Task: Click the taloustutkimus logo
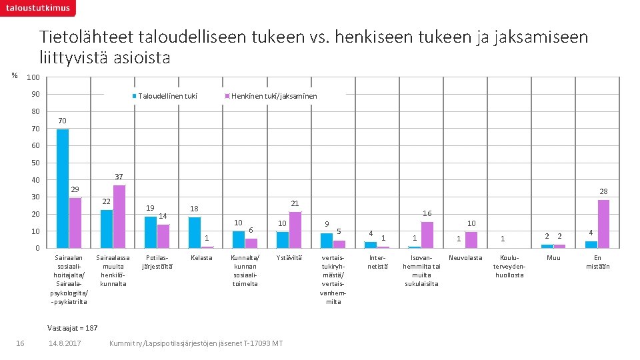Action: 37,8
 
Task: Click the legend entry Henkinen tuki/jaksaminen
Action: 273,96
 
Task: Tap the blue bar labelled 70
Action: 63,188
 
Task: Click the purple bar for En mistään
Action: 603,223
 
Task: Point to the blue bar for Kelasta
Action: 194,232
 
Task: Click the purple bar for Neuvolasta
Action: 471,239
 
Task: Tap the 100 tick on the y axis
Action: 33,78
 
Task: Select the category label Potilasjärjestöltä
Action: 157,261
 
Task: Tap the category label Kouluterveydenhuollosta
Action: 511,266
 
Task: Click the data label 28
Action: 603,191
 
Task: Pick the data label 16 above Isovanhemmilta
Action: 427,213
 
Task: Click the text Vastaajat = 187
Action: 73,327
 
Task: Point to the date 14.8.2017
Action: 65,343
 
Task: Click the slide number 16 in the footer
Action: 20,343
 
